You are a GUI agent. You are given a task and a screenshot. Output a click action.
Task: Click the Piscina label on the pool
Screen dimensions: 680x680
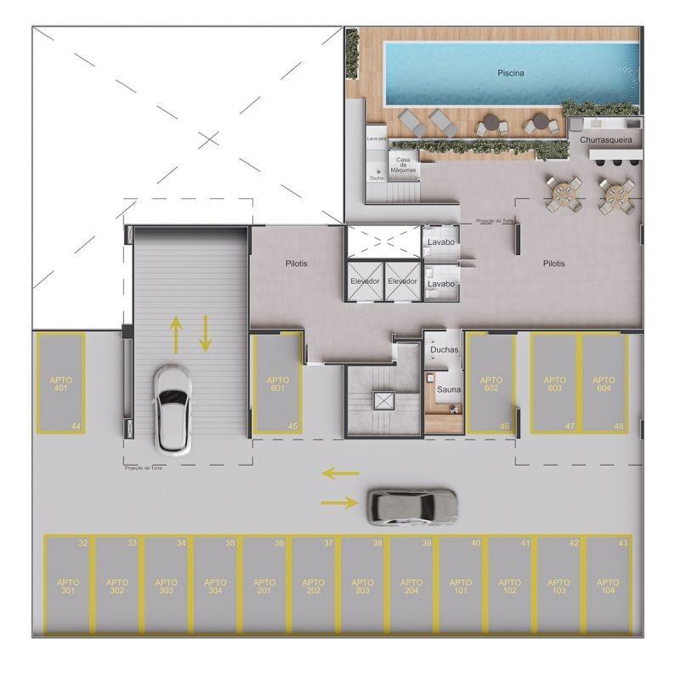click(x=511, y=73)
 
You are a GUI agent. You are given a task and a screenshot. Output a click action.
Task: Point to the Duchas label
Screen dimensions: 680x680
click(x=444, y=349)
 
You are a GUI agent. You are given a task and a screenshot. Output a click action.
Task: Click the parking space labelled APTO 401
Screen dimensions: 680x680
click(x=60, y=383)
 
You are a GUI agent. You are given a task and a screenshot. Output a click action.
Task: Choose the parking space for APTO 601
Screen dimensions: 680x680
click(x=278, y=383)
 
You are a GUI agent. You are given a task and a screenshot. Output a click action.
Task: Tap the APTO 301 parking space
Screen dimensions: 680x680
click(x=68, y=586)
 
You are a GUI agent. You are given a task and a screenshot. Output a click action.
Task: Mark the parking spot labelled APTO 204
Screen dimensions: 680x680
click(x=411, y=586)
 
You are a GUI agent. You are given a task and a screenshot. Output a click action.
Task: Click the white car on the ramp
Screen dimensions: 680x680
click(x=173, y=409)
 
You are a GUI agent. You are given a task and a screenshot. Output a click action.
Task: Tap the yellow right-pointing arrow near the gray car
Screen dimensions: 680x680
click(x=340, y=503)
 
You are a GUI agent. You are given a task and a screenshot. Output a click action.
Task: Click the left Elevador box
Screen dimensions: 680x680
click(x=365, y=280)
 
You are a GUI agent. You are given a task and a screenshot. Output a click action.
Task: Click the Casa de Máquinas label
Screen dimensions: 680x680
click(x=403, y=165)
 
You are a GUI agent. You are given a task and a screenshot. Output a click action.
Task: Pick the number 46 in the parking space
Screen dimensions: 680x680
click(x=505, y=426)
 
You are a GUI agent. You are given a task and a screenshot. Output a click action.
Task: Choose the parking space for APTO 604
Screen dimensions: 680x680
click(x=603, y=383)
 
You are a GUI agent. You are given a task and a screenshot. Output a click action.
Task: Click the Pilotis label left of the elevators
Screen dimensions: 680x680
click(x=297, y=263)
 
